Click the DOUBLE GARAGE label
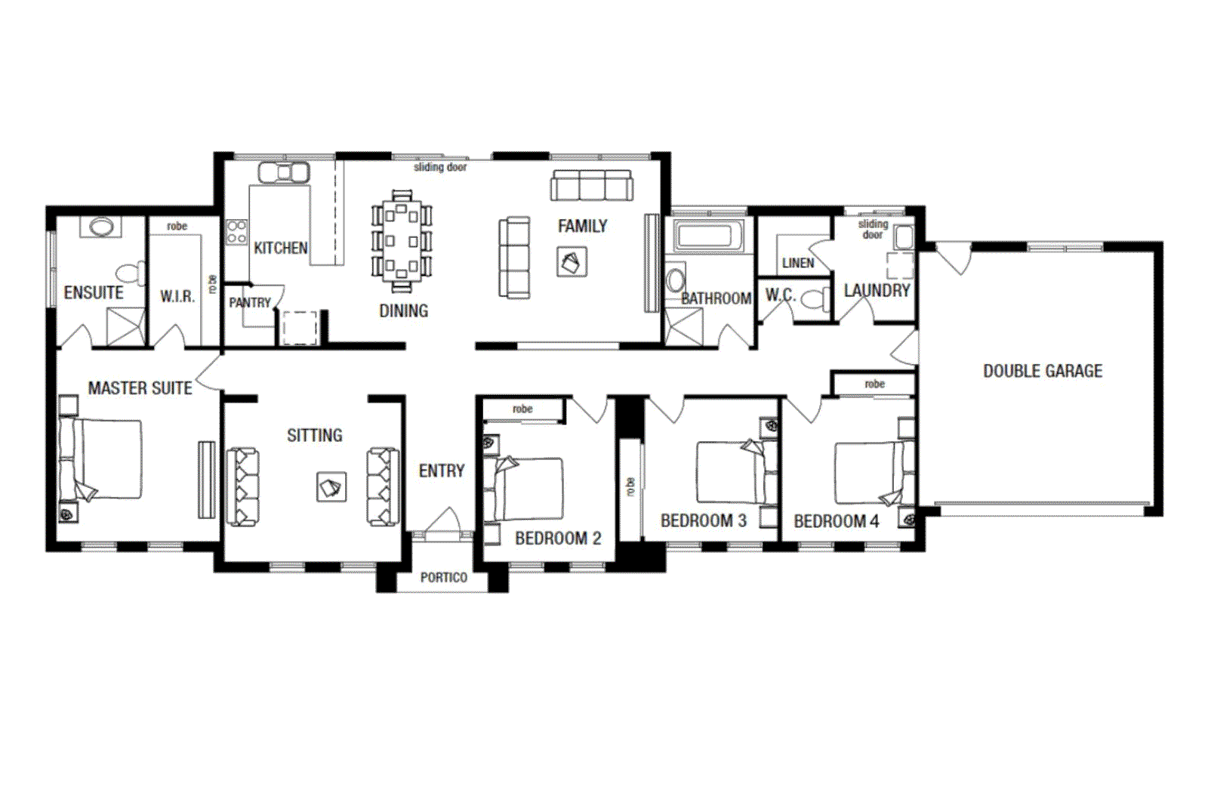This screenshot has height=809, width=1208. pyautogui.click(x=1042, y=371)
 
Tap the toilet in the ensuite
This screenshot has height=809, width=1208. pyautogui.click(x=130, y=273)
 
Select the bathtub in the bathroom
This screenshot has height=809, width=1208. pyautogui.click(x=705, y=236)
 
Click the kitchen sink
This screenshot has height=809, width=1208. pyautogui.click(x=283, y=173)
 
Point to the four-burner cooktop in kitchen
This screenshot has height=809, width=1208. pyautogui.click(x=236, y=232)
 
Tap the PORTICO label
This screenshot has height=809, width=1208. pyautogui.click(x=443, y=577)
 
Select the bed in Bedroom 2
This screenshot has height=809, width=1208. pyautogui.click(x=528, y=489)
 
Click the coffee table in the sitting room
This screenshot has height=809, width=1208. pyautogui.click(x=331, y=487)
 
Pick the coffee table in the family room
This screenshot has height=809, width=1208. pyautogui.click(x=572, y=262)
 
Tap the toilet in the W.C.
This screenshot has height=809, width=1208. pyautogui.click(x=814, y=300)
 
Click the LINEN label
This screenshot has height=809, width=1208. pyautogui.click(x=798, y=263)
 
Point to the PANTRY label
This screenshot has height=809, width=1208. pyautogui.click(x=249, y=303)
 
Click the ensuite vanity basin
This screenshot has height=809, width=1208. pyautogui.click(x=100, y=227)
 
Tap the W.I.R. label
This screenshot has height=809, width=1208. pyautogui.click(x=177, y=297)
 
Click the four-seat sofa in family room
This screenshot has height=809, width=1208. pyautogui.click(x=592, y=186)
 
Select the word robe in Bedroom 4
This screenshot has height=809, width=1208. pyautogui.click(x=874, y=384)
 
